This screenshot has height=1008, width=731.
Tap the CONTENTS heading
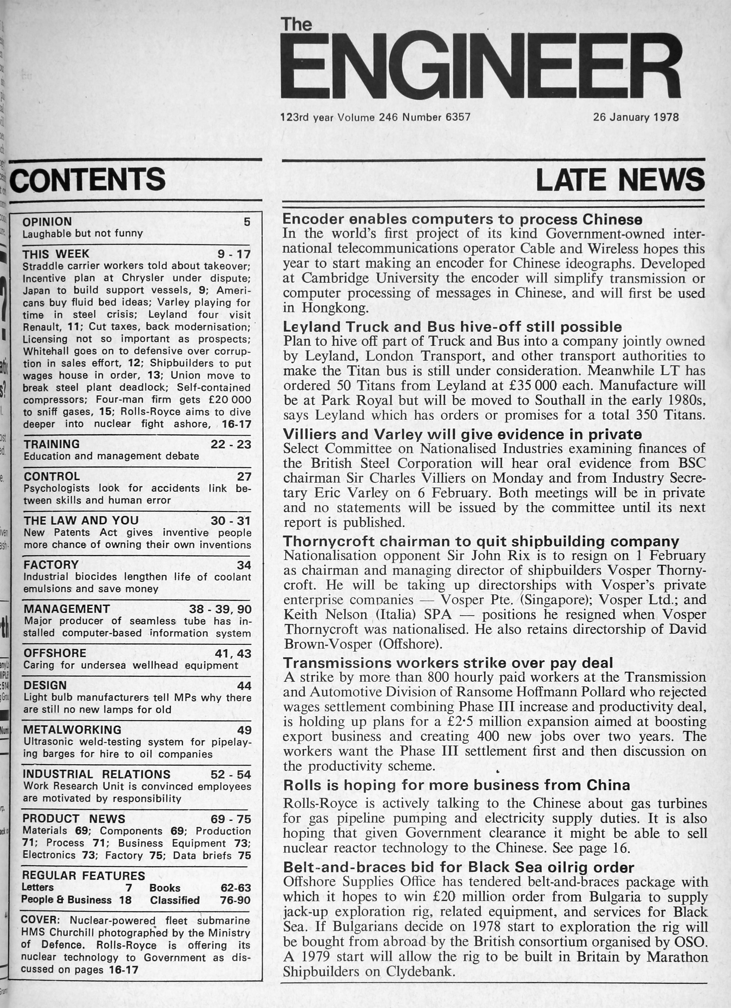pos(87,179)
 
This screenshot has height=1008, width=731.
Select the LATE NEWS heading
pos(620,179)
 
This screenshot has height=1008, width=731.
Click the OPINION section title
pos(47,222)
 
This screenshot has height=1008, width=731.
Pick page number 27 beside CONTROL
pos(244,476)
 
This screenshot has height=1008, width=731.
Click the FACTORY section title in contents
pos(51,565)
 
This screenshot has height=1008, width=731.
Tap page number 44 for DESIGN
pos(244,686)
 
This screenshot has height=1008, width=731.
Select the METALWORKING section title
pos(72,730)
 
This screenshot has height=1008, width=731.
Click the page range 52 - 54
pos(231,774)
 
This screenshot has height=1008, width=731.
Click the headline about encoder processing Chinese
pos(462,219)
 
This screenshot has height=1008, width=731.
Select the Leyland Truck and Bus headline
pos(452,327)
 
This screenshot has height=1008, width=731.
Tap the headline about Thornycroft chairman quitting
pos(481,541)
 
